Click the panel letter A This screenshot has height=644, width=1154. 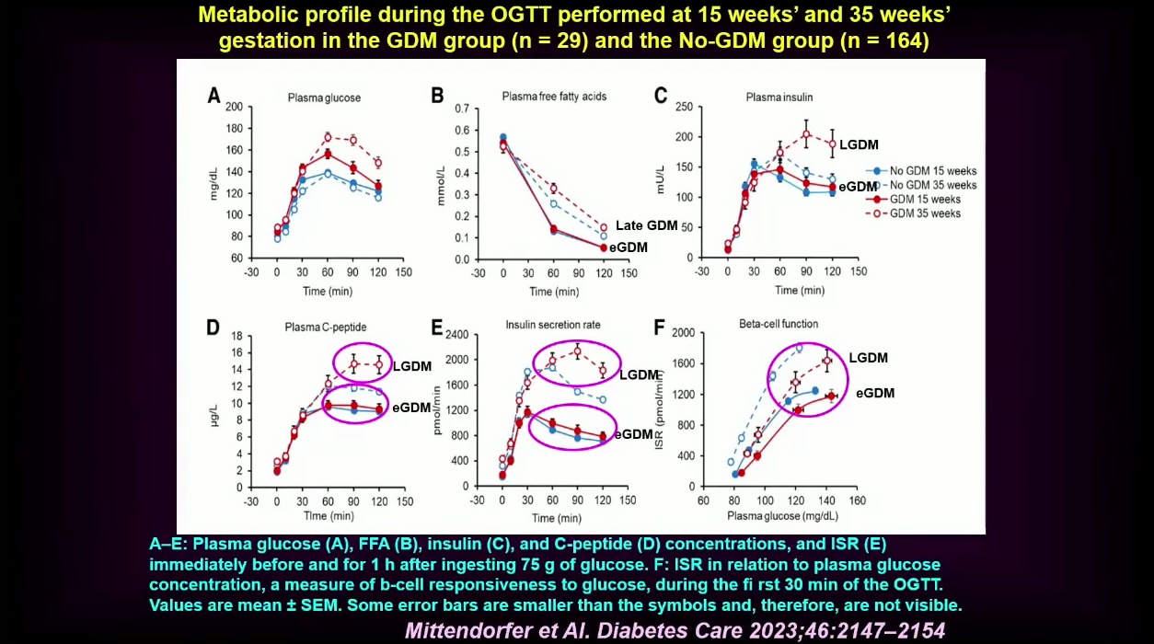[213, 95]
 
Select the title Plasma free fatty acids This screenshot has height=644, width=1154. [554, 97]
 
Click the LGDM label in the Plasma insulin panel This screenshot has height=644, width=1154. [859, 144]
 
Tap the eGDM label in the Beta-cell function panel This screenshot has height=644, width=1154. [875, 394]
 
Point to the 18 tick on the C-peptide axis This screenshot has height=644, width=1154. [236, 336]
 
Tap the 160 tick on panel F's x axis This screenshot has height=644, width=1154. [857, 501]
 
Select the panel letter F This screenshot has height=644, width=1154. [660, 327]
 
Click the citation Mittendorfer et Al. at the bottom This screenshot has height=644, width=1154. [675, 630]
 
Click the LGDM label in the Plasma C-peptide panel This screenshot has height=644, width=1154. [411, 366]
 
